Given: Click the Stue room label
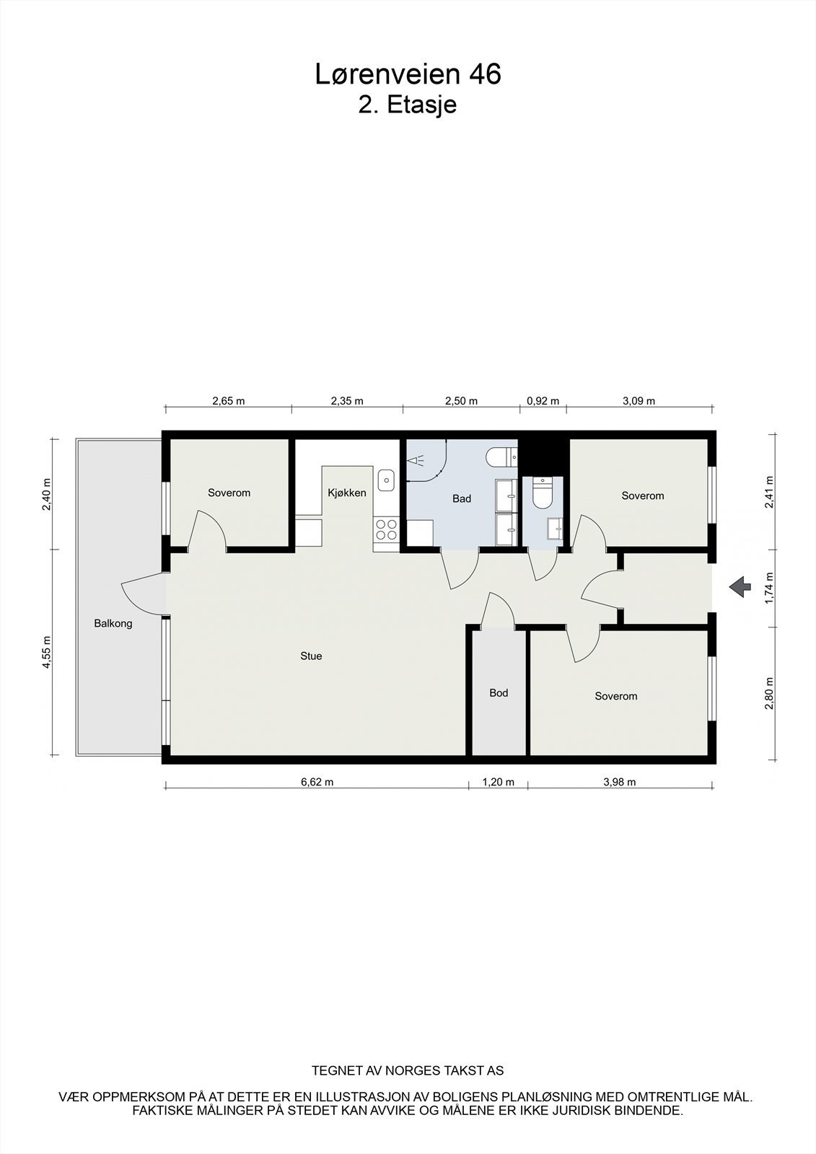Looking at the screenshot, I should [311, 656].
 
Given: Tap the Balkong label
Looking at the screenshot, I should [113, 624].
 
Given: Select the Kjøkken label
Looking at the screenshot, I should [347, 493].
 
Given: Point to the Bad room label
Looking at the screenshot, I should [462, 498].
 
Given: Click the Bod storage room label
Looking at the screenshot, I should [499, 693].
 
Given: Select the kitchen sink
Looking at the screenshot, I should [387, 479].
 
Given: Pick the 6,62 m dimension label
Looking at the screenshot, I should [317, 782].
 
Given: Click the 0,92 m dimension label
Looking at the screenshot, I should [543, 401].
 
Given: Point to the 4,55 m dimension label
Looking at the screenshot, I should [47, 652].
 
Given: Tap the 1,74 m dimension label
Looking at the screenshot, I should [769, 586].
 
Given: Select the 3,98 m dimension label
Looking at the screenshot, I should [620, 782].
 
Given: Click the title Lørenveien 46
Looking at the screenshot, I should [408, 74].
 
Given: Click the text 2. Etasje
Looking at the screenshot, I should [408, 105].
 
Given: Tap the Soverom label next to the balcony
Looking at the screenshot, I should [229, 493].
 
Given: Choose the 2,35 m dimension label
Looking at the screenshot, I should [347, 401].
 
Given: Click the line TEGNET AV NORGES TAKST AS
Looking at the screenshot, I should [408, 1071].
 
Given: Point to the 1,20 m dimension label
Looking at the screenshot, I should [499, 782].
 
